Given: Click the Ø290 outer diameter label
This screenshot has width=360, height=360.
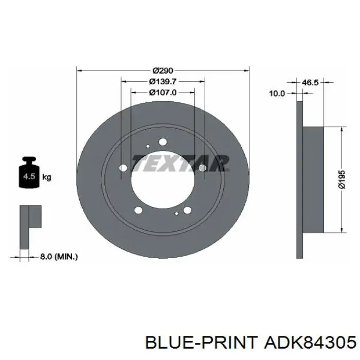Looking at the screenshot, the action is point(163,70).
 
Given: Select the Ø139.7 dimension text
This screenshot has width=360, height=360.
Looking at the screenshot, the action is point(163,81).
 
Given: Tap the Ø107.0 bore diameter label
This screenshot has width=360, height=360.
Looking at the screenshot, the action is point(163,93).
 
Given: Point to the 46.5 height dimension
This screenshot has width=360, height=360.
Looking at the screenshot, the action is point(310,82).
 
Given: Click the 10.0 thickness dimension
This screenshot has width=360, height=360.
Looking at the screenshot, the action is point(277,94).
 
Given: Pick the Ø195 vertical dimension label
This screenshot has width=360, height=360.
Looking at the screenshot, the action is point(342,179).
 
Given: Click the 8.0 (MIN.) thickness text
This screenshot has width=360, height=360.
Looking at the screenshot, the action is point(59,257).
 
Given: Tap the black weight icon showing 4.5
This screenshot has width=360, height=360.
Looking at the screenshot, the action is point(29,172).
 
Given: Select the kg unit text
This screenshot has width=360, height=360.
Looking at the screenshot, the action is point(47,177).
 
